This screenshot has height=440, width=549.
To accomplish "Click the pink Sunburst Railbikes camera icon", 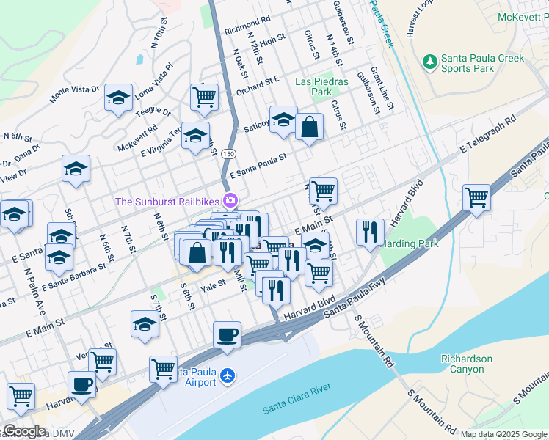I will pyautogui.click(x=230, y=199).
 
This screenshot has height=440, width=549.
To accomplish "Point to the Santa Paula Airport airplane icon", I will pyautogui.click(x=228, y=375).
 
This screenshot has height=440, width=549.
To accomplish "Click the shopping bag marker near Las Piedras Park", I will pyautogui.click(x=310, y=126).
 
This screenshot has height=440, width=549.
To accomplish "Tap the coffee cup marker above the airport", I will pyautogui.click(x=227, y=334).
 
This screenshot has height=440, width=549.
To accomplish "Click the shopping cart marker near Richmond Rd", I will pyautogui.click(x=204, y=96).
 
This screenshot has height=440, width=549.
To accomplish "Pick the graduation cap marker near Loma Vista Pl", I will pyautogui.click(x=117, y=98).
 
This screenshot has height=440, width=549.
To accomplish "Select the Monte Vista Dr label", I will pyautogui.click(x=74, y=94).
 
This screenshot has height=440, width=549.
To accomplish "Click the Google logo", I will pyautogui.click(x=23, y=431).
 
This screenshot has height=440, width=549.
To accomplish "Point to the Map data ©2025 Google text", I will pyautogui.click(x=503, y=434).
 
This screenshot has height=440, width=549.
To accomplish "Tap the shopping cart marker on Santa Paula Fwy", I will pyautogui.click(x=476, y=197).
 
